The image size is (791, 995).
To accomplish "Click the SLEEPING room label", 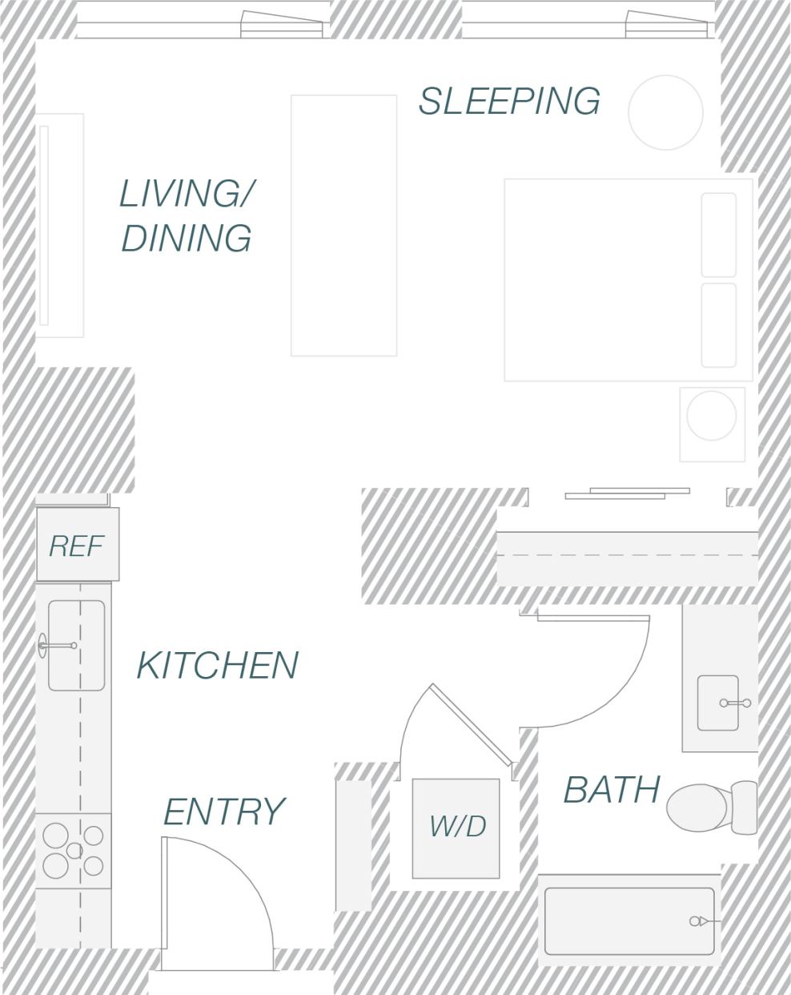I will [509, 101].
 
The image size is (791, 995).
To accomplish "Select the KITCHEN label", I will [217, 666].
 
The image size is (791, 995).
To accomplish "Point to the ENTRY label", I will [223, 812].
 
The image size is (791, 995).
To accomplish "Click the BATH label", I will [611, 790].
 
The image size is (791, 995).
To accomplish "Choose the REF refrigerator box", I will [77, 545].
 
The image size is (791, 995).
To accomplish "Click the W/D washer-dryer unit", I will [456, 828].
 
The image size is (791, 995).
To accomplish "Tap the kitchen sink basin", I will [77, 645].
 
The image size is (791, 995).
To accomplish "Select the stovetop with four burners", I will [73, 851].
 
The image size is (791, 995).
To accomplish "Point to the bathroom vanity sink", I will [718, 703].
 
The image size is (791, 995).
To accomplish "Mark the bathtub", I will [628, 920].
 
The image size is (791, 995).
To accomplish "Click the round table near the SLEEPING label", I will [665, 113].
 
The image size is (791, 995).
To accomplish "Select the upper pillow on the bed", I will [718, 235].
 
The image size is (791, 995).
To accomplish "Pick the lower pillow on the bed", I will [718, 324].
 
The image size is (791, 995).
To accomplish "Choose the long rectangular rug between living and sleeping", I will [343, 225].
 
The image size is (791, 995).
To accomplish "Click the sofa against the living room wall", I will [61, 225].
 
